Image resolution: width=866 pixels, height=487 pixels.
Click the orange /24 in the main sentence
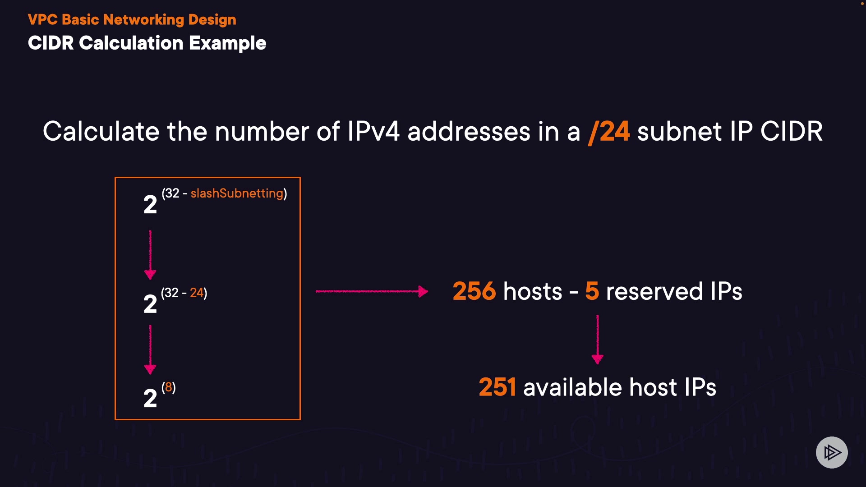[x=609, y=132]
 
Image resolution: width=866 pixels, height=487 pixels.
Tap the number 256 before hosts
[x=474, y=291]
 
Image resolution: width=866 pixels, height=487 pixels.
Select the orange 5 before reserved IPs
[x=592, y=291]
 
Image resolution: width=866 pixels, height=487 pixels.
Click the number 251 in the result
[x=497, y=387]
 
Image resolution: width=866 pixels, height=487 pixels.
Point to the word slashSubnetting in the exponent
[x=237, y=193]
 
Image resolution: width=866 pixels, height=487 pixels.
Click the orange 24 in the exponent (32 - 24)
[x=196, y=293]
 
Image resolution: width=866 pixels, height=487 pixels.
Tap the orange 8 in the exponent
[x=168, y=387]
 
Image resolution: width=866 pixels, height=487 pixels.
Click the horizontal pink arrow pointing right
[x=372, y=291]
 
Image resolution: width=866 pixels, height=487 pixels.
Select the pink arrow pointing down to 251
[x=598, y=339]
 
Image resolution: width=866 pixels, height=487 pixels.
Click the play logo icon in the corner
[x=832, y=452]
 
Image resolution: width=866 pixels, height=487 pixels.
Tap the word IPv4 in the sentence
[x=373, y=132]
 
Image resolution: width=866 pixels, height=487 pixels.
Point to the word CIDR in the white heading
[x=51, y=43]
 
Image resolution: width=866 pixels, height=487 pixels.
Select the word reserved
[x=654, y=292]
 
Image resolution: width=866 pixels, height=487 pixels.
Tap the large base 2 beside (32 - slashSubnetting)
[x=150, y=204]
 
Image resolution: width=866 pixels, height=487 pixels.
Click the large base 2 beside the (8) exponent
[x=150, y=398]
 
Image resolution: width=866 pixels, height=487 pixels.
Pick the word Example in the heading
[x=227, y=44]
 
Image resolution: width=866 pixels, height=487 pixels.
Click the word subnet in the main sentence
[x=679, y=132]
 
